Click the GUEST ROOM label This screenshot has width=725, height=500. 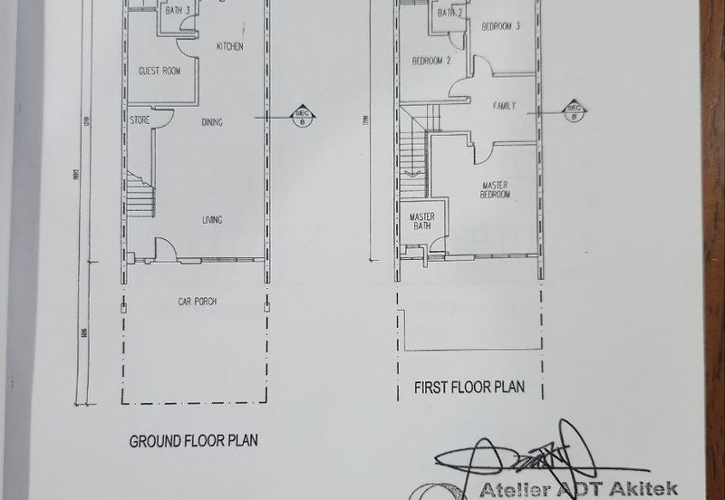(x=159, y=71)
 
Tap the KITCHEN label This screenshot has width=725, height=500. (x=229, y=46)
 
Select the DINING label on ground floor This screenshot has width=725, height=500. (x=212, y=122)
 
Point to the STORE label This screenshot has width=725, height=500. (x=140, y=120)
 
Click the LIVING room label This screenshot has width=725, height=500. (x=212, y=220)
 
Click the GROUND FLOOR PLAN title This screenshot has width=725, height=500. (x=194, y=441)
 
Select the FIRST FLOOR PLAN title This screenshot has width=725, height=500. (x=469, y=387)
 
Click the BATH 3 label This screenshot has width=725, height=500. (x=176, y=11)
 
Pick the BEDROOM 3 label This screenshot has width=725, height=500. (x=500, y=26)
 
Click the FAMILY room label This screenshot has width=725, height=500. (x=504, y=106)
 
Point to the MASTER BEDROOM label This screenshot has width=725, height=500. (x=495, y=190)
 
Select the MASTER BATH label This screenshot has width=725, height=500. (x=422, y=221)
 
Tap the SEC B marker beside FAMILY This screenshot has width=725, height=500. (x=573, y=111)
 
